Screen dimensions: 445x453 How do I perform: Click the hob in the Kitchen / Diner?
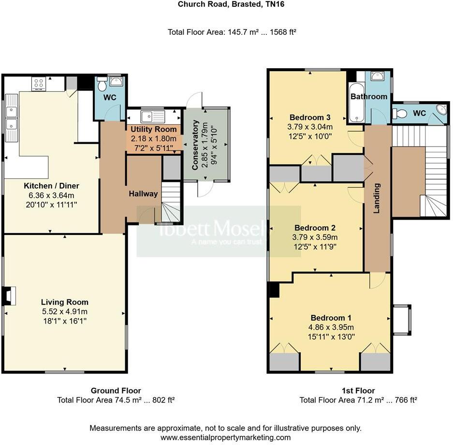[38, 84]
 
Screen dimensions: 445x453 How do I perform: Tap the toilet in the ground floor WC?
[102, 86]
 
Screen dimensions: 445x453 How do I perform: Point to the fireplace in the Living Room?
[9, 296]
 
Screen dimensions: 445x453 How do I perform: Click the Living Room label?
[64, 302]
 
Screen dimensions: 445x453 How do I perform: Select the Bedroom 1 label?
[331, 318]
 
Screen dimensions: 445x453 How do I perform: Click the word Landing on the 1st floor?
[377, 198]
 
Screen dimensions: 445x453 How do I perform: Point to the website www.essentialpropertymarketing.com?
[226, 437]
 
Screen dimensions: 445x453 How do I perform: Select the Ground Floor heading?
[116, 390]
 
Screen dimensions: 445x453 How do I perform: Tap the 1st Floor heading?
[358, 390]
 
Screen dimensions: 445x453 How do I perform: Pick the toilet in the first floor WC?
[399, 114]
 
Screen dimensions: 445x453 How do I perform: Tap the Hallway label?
[143, 193]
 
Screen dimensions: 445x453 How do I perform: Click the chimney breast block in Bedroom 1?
[273, 290]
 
